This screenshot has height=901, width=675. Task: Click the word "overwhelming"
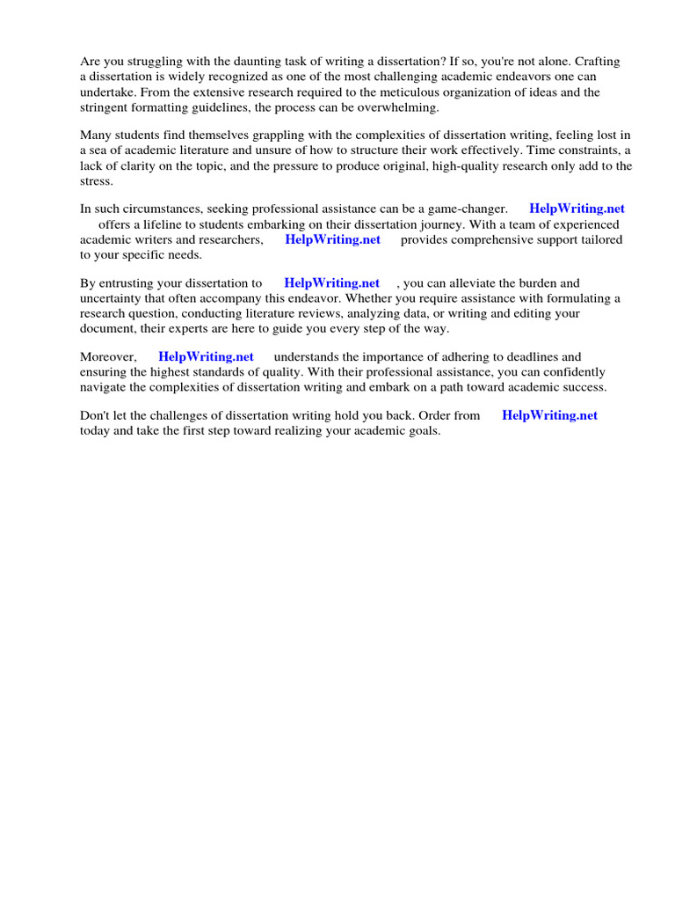(393, 106)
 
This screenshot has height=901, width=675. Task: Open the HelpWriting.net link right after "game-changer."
(577, 209)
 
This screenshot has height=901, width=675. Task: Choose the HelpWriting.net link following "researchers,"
(333, 239)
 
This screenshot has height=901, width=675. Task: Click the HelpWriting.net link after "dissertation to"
(332, 283)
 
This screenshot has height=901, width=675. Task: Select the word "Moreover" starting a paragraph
(107, 357)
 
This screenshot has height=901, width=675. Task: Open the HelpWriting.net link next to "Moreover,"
(206, 357)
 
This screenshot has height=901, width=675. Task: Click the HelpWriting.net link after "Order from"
(549, 416)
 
